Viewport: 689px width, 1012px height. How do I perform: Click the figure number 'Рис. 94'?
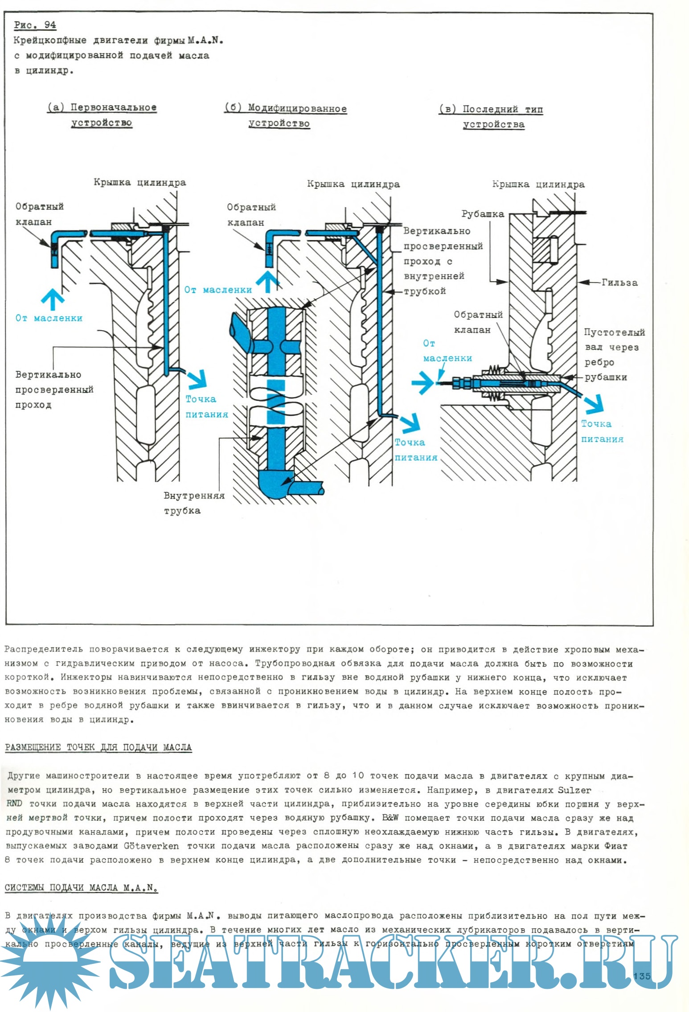tap(35, 25)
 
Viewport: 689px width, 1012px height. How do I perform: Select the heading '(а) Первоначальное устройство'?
tap(102, 115)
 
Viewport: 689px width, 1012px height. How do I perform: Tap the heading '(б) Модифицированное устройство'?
tap(285, 116)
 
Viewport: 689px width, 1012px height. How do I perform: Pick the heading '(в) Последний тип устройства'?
tap(491, 116)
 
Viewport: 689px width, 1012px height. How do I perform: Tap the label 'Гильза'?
tap(619, 282)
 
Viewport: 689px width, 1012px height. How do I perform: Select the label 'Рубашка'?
tap(482, 214)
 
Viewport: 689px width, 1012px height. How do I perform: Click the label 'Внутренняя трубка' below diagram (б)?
tap(194, 503)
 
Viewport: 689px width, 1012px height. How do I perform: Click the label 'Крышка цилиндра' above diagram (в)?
tap(538, 184)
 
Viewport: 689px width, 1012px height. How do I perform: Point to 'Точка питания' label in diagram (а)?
tap(206, 406)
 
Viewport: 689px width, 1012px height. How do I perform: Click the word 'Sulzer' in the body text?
tap(574, 790)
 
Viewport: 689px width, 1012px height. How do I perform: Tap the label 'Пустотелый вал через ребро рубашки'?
tap(614, 355)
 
